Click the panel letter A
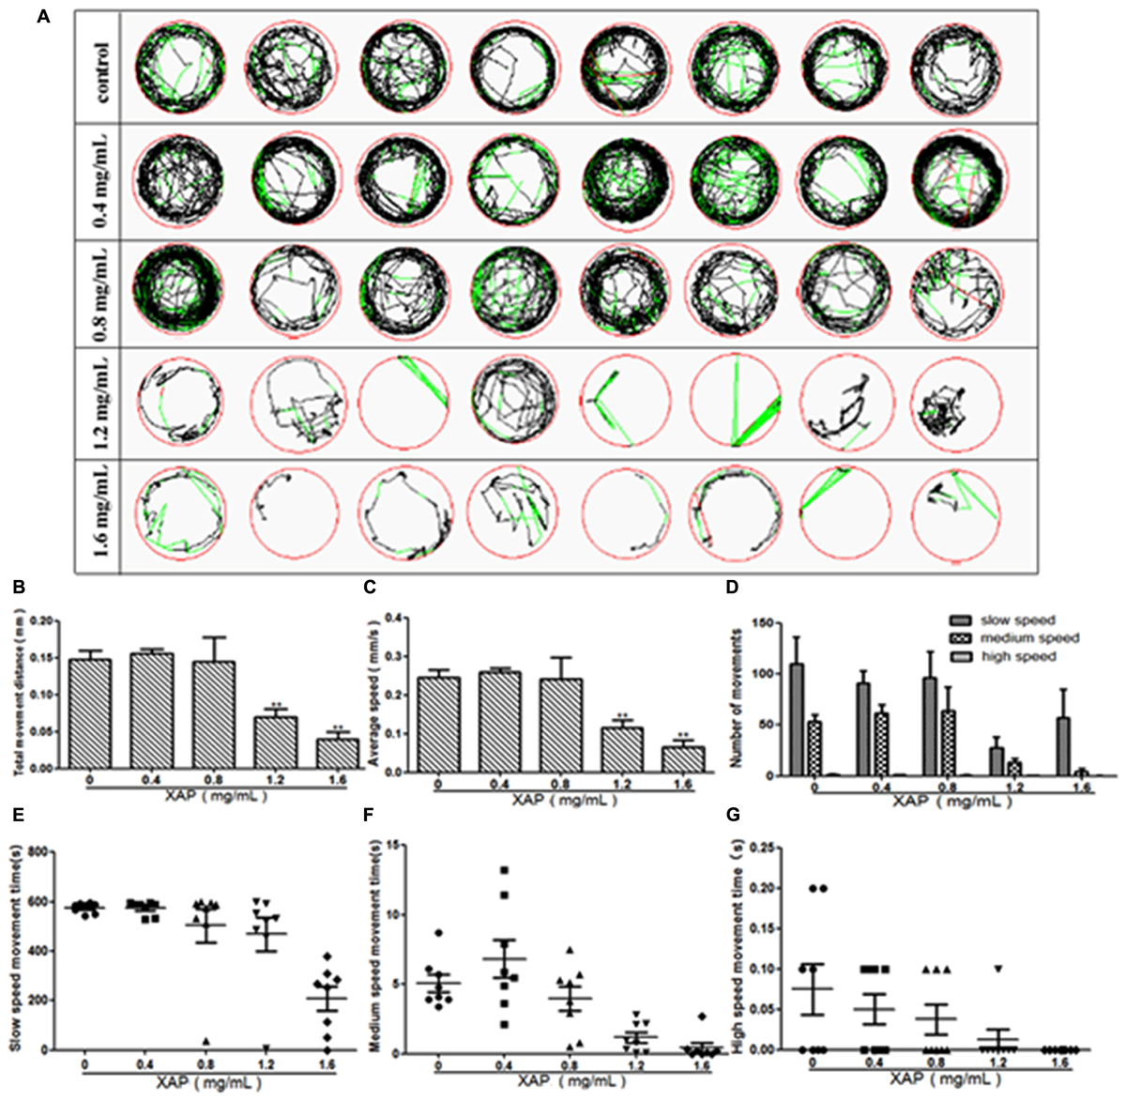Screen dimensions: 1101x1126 (x=43, y=16)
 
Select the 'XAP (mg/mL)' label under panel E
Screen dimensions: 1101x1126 (x=204, y=1079)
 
